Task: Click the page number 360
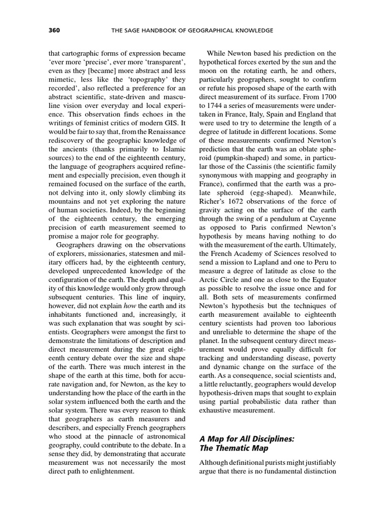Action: pos(54,31)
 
